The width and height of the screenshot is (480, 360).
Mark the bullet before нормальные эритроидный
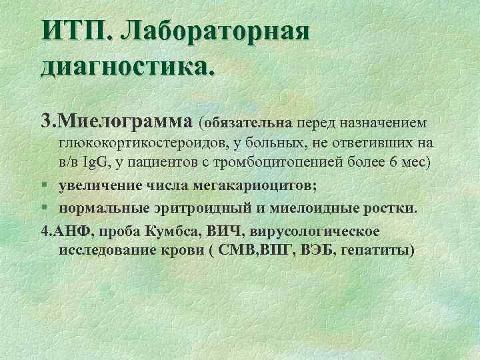43,207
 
